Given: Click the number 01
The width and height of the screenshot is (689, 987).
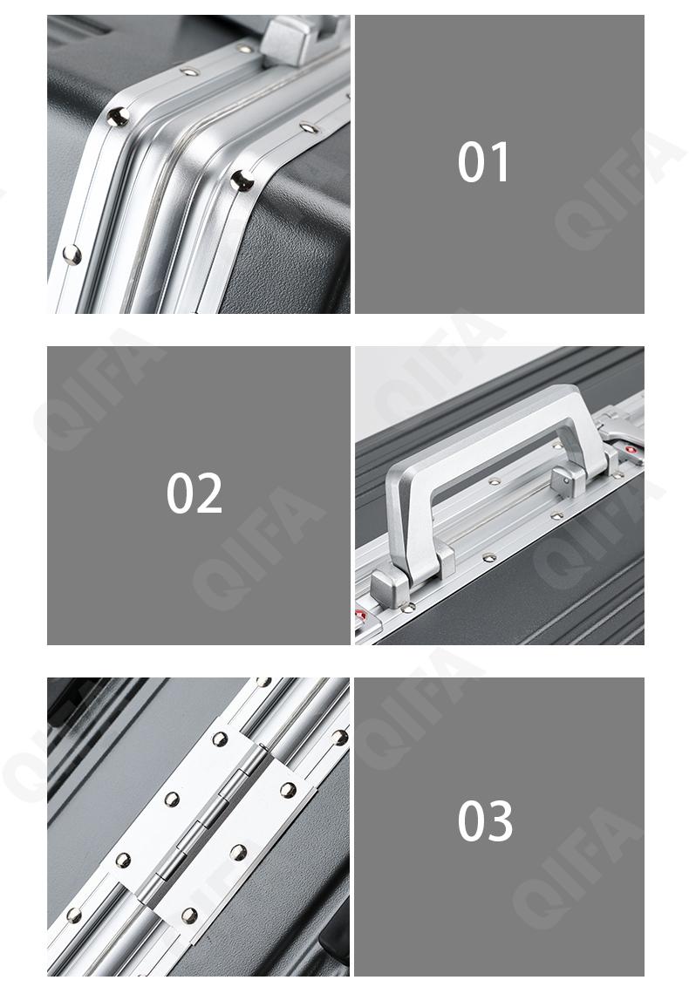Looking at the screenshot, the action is pos(483,162).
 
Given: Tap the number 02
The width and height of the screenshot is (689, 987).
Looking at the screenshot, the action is pos(194,493).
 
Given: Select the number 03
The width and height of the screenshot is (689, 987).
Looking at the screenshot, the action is pos(485,820).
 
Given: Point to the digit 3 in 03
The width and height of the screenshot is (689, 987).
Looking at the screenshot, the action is pos(500,820).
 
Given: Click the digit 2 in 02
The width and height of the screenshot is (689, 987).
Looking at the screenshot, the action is pos(209,493).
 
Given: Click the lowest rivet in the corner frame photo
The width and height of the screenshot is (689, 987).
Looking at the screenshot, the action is pos(72,255).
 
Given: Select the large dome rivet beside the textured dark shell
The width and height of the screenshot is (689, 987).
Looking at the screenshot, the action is pos(242,180).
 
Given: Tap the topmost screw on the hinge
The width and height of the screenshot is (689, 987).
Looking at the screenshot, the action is pos(220,739).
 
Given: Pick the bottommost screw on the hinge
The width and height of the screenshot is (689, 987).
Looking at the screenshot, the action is pos(189,915).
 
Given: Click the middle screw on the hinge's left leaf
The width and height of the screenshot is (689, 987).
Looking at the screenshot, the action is pos(171,799).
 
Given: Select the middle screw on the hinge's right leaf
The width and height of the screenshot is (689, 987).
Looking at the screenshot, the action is pos(238,853).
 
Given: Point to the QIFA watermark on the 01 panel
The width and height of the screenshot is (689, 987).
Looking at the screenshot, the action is pos(620,189).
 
